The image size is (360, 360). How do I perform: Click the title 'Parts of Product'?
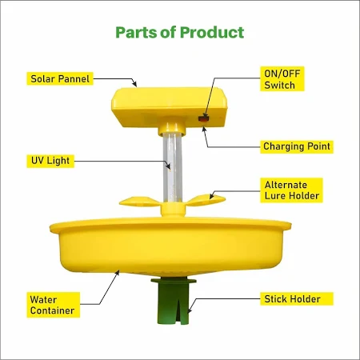(180, 33)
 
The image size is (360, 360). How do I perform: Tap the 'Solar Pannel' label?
(60, 78)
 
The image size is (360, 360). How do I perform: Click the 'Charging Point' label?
(297, 146)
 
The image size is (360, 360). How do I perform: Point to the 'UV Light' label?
(50, 161)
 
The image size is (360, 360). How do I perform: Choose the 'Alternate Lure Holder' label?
(291, 190)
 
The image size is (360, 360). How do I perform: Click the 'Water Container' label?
(53, 305)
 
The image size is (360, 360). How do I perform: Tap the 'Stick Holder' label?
(292, 299)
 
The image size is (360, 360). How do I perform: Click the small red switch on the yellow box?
(203, 119)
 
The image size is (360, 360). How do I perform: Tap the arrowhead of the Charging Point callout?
(204, 127)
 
